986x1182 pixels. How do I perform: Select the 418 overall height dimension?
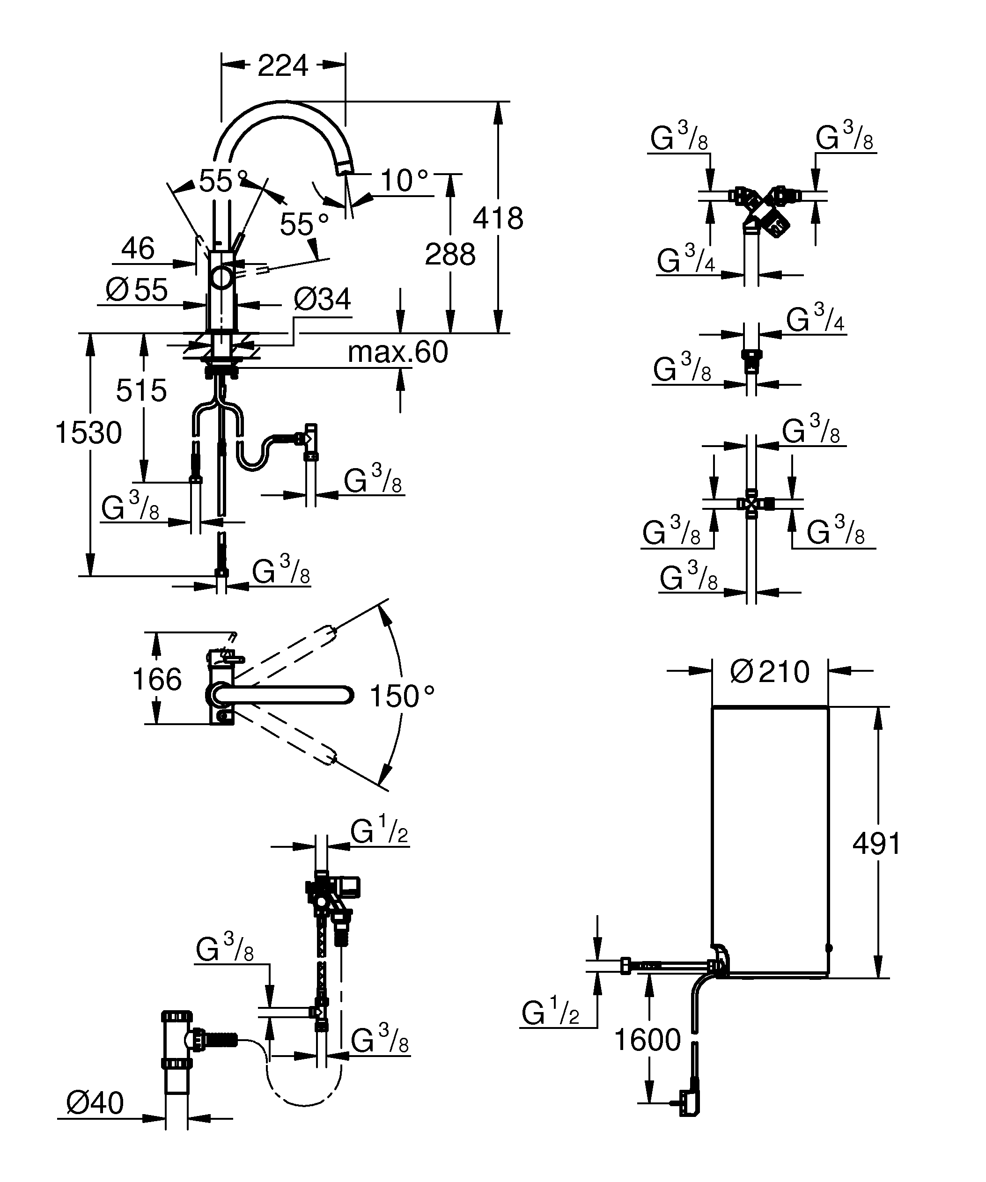[x=498, y=219]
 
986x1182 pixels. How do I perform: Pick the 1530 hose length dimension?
[x=88, y=433]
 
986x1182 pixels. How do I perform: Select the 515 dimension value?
[x=141, y=390]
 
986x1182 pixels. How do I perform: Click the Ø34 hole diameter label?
[x=322, y=300]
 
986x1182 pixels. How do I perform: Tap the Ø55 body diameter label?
[x=137, y=290]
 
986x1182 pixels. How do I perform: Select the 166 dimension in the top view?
[x=156, y=679]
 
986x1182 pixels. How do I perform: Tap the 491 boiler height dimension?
[x=876, y=844]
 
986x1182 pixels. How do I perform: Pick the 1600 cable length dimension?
[x=647, y=1040]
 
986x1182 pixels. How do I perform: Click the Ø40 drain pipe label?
[x=95, y=1103]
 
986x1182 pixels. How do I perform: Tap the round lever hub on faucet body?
[x=222, y=278]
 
